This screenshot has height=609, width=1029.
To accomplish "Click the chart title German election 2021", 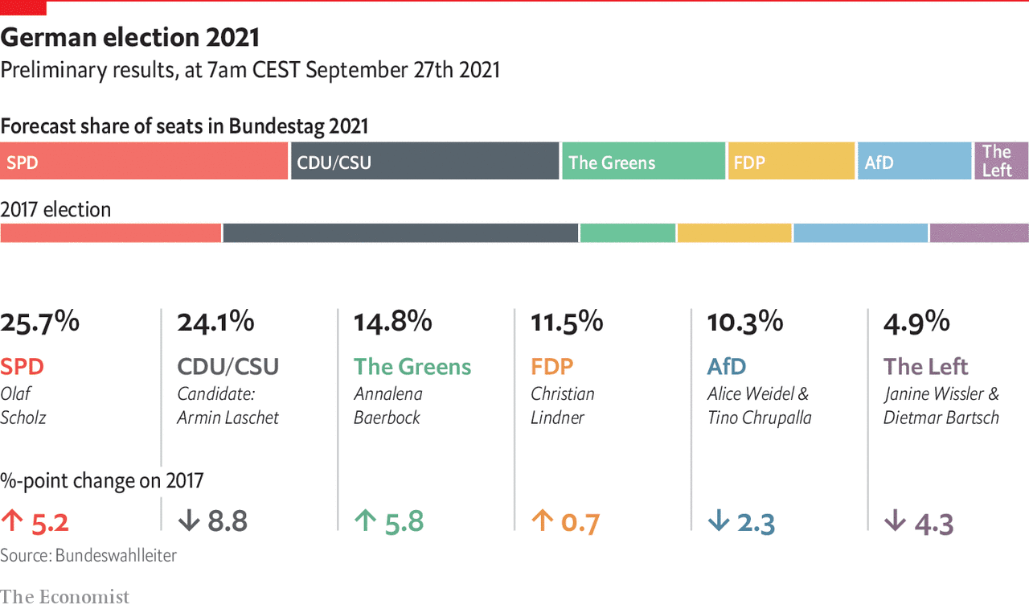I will click(x=130, y=38).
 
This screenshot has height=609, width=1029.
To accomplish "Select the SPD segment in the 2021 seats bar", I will click(x=144, y=161).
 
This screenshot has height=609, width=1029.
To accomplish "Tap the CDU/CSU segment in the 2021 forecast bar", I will click(x=424, y=161).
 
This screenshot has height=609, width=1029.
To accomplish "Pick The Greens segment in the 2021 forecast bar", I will click(x=643, y=161).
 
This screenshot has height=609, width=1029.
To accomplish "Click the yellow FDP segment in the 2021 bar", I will click(x=791, y=161).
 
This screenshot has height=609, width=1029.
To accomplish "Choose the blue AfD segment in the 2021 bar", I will click(x=915, y=161).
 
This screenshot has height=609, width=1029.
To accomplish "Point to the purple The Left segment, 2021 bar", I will click(x=1002, y=161).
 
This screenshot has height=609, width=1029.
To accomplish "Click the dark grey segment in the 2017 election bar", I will click(x=400, y=232).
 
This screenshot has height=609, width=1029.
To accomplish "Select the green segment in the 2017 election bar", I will click(x=627, y=232).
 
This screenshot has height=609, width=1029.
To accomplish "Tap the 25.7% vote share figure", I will click(x=40, y=323).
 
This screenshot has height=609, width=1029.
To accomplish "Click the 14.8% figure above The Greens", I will click(x=393, y=323).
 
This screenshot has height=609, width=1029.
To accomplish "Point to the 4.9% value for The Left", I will click(x=916, y=323).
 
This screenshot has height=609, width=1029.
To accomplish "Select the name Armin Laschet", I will click(x=228, y=418).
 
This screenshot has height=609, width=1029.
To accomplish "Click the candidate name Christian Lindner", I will click(x=563, y=405).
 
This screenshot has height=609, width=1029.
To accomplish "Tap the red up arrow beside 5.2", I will click(x=12, y=521).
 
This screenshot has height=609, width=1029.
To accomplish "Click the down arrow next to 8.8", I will click(x=188, y=521).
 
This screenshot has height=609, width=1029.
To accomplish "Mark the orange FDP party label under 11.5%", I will click(x=552, y=367).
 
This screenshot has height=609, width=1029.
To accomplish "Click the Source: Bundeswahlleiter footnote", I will click(x=88, y=555).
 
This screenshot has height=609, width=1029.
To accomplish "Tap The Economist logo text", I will click(x=64, y=596).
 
